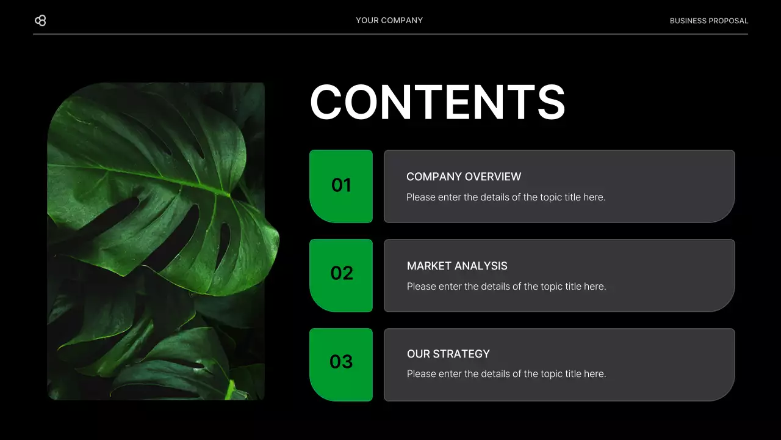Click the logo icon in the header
pos(40,21)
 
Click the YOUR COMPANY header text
pos(389,21)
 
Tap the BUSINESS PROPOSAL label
pos(708,21)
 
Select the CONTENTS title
pos(437,102)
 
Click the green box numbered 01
pos(341,186)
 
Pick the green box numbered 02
pos(341,275)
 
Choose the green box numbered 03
pos(341,364)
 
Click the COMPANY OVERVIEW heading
pos(464,177)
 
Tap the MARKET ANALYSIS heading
pos(457,266)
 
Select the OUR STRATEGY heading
pos(448,354)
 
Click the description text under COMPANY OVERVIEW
pos(506,197)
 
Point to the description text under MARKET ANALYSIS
pos(506,287)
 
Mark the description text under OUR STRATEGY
pos(506,374)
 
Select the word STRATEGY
pos(462,354)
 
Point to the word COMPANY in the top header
pos(402,21)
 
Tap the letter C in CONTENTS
pos(329,102)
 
